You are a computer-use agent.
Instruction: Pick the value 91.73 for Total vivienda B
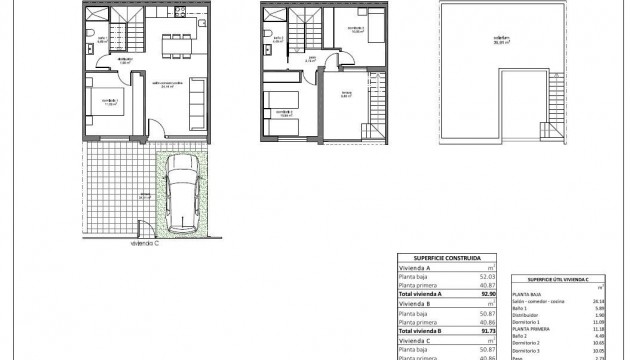point(487,317)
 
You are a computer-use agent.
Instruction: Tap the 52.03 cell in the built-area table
point(487,275)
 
